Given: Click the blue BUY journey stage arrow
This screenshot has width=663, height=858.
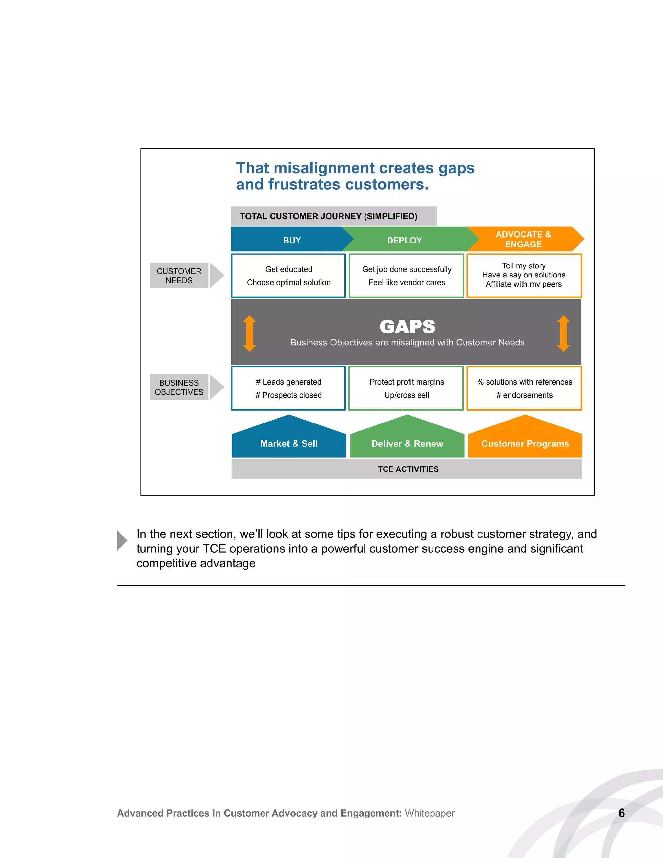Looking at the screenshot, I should [291, 240].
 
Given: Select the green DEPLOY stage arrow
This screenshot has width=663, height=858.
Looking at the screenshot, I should [405, 240].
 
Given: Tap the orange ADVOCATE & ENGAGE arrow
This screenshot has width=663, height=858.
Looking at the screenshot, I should [523, 239].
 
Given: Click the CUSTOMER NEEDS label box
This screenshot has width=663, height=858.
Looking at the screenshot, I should [179, 276].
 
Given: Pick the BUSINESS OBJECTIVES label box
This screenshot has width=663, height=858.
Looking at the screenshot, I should [179, 387].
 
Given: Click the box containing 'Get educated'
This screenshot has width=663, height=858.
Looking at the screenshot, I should [289, 276].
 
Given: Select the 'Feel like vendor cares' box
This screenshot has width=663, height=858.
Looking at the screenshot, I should [407, 276].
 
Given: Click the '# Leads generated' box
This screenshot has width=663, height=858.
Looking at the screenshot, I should [289, 388].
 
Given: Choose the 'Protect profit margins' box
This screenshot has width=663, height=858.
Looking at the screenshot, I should [407, 388].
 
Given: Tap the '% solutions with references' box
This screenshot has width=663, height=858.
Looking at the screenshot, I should [524, 388].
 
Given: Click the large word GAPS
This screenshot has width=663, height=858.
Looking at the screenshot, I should [407, 326].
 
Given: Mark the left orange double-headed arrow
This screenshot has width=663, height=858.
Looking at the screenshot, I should [249, 333].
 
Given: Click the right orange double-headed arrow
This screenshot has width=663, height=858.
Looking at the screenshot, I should [563, 333].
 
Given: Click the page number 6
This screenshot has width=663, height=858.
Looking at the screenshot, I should [621, 813].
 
